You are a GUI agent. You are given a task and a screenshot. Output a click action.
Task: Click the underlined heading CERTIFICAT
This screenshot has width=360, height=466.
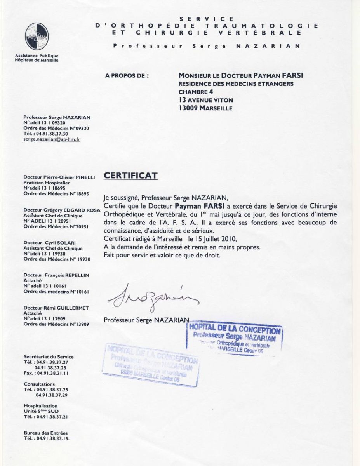130,176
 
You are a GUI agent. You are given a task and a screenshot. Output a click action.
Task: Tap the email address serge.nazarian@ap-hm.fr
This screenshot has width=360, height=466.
52,139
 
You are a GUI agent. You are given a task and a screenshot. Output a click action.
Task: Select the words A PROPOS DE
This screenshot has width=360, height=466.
127,76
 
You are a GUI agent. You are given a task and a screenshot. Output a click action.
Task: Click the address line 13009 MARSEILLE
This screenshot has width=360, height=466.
205,108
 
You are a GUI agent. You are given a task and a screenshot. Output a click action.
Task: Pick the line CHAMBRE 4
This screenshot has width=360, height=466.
193,92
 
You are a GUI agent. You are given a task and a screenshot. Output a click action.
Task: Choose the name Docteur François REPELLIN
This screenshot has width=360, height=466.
56,275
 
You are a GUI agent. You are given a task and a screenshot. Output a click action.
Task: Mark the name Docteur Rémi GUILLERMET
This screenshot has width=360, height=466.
56,308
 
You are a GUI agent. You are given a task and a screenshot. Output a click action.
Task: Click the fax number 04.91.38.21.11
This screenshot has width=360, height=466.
53,373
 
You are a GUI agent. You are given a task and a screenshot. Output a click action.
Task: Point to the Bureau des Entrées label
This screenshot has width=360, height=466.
46,433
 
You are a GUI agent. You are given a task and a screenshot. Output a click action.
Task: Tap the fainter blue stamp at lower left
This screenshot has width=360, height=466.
151,365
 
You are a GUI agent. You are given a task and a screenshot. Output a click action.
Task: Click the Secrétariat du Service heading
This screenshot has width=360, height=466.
49,357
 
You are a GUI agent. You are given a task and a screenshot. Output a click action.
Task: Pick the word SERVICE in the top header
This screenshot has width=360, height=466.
207,19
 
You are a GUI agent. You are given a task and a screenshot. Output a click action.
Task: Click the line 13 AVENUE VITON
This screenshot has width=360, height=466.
206,100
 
